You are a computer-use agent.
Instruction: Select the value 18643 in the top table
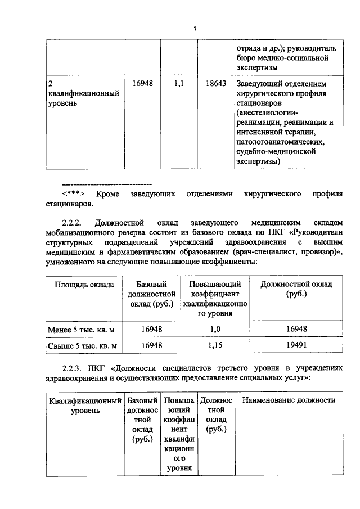coord(217,83)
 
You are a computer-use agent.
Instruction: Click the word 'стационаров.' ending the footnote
coord(67,204)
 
